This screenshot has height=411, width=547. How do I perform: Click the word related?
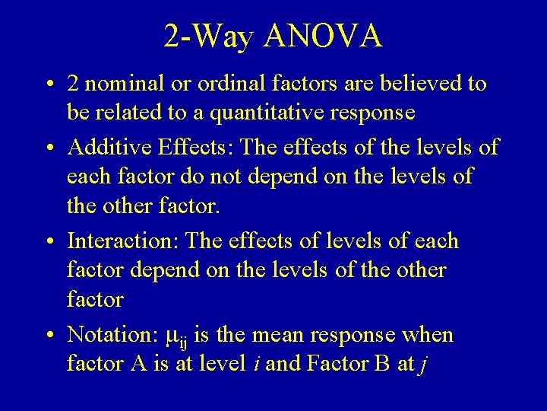134,113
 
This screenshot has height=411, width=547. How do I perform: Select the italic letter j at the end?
422,365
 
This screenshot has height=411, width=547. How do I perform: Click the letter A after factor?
139,365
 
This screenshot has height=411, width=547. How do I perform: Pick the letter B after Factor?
380,365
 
